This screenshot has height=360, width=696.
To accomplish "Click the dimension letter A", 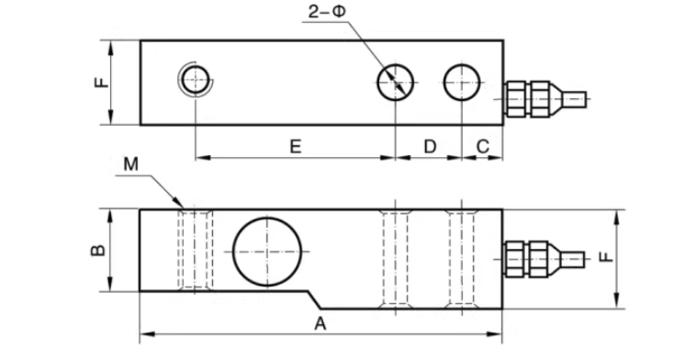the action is pyautogui.click(x=320, y=324).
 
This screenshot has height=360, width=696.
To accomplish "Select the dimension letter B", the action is pyautogui.click(x=98, y=251).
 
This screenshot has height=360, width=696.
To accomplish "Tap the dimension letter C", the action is pyautogui.click(x=482, y=146).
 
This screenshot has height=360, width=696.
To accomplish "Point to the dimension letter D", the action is pyautogui.click(x=430, y=146).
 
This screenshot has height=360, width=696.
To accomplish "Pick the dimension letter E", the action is pyautogui.click(x=296, y=146).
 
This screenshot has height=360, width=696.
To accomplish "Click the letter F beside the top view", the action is pyautogui.click(x=102, y=82).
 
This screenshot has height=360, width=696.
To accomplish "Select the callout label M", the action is pyautogui.click(x=131, y=164).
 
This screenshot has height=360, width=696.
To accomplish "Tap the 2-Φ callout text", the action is pyautogui.click(x=327, y=12).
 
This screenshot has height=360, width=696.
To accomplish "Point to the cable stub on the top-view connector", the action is pyautogui.click(x=574, y=99).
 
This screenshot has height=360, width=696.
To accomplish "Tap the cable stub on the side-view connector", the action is pyautogui.click(x=573, y=259).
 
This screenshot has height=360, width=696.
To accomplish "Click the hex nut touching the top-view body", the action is pyautogui.click(x=515, y=99).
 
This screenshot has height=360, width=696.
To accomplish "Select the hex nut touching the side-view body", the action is pyautogui.click(x=514, y=259).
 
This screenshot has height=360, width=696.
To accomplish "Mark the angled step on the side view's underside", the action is pyautogui.click(x=315, y=300).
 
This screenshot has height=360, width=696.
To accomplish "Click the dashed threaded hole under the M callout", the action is pyautogui.click(x=195, y=250).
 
